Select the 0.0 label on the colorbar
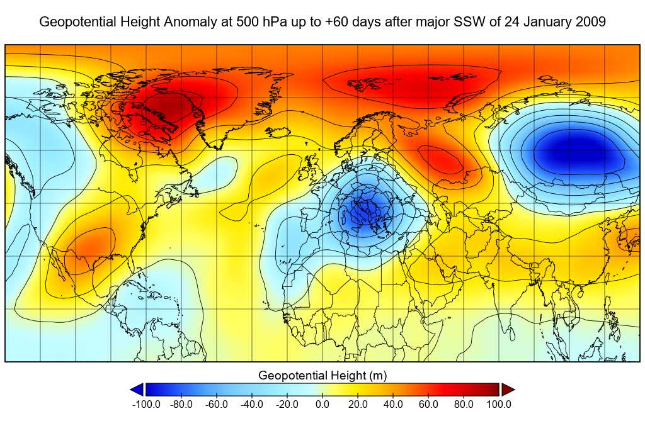click(x=322, y=404)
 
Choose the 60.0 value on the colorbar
click(x=429, y=404)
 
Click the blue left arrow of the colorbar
click(x=137, y=390)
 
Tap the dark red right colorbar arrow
click(x=508, y=390)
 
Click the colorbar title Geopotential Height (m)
click(x=322, y=376)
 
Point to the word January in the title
click(x=546, y=22)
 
